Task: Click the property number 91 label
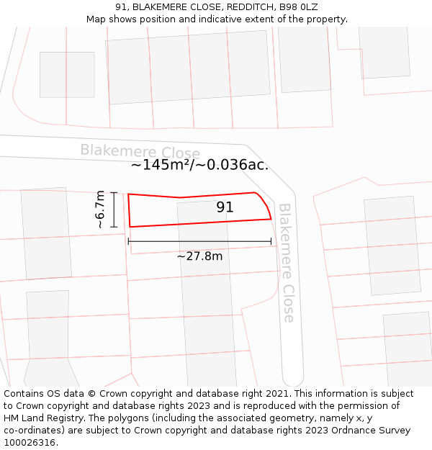click(x=225, y=207)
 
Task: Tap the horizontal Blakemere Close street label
click(x=140, y=151)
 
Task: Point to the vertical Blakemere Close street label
click(x=287, y=262)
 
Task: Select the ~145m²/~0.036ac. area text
click(x=199, y=165)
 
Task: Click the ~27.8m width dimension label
click(x=199, y=256)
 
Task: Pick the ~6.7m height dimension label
click(x=101, y=210)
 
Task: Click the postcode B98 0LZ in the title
click(x=297, y=7)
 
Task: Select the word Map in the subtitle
click(x=96, y=19)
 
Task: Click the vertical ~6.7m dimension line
click(x=114, y=210)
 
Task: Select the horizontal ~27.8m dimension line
click(x=199, y=241)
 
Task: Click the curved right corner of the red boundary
click(x=264, y=202)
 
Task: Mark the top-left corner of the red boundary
click(x=128, y=194)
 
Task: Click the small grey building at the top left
click(x=67, y=74)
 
